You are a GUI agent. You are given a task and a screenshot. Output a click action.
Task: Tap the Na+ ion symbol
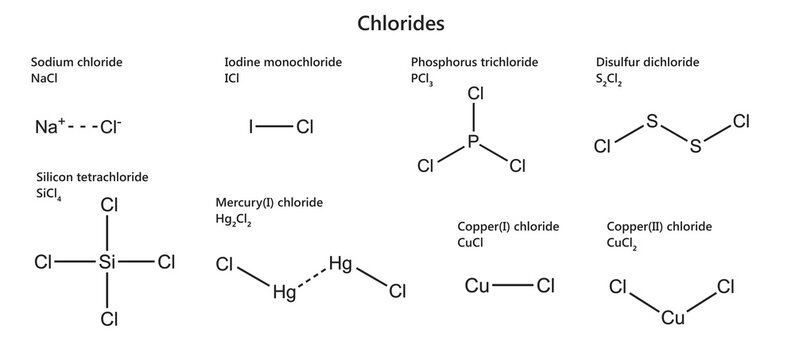[x=50, y=127]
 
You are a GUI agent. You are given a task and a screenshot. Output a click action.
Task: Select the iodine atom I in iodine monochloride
[x=252, y=127]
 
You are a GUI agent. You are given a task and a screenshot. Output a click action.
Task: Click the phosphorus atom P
[x=475, y=144]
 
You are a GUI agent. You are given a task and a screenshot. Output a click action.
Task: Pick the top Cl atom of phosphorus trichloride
[x=476, y=94]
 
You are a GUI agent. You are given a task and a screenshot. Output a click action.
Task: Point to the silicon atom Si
[x=109, y=262]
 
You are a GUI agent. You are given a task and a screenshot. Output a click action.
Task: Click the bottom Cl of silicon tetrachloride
[x=109, y=320]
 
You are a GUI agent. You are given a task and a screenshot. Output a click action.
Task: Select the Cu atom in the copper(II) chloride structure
[x=673, y=318]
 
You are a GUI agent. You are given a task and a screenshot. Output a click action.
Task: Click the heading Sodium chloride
[x=77, y=62]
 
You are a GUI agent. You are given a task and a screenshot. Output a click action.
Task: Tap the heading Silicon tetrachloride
[x=90, y=177]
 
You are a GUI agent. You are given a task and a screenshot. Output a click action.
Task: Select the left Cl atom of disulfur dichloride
[x=603, y=147]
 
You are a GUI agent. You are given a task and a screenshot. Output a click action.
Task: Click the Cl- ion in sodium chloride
[x=111, y=127]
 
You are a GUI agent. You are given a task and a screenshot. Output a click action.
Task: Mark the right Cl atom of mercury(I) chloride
[x=397, y=291]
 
